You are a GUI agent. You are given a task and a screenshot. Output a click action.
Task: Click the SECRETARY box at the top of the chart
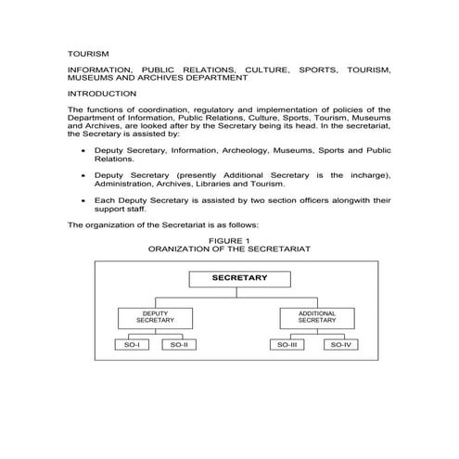coord(238,278)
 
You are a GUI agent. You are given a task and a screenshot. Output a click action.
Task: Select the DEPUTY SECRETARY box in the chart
coord(155,317)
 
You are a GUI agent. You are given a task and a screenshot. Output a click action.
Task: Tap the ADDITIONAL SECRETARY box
coord(316,317)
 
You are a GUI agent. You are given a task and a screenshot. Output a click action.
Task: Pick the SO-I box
coord(131,345)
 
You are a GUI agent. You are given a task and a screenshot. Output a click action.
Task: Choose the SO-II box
coord(179,345)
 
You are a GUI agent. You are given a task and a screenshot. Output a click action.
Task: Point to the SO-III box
coord(287,345)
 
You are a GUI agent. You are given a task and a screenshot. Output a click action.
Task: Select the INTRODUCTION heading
coord(102,94)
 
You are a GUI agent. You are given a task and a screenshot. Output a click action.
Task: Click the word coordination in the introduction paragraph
coord(169,109)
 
